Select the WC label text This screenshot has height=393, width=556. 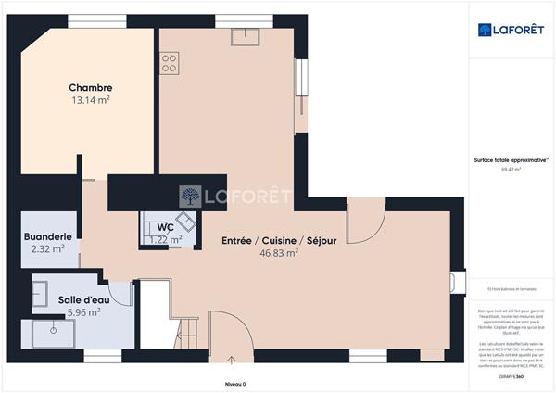tap(165, 227)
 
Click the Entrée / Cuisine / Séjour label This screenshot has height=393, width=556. tap(279, 240)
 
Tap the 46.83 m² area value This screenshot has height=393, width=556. tap(279, 252)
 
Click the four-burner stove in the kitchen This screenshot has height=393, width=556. tap(170, 63)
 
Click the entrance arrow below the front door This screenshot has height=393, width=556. tap(229, 360)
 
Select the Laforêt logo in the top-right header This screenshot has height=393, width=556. tap(511, 30)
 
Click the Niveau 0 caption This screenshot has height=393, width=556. tap(235, 383)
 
